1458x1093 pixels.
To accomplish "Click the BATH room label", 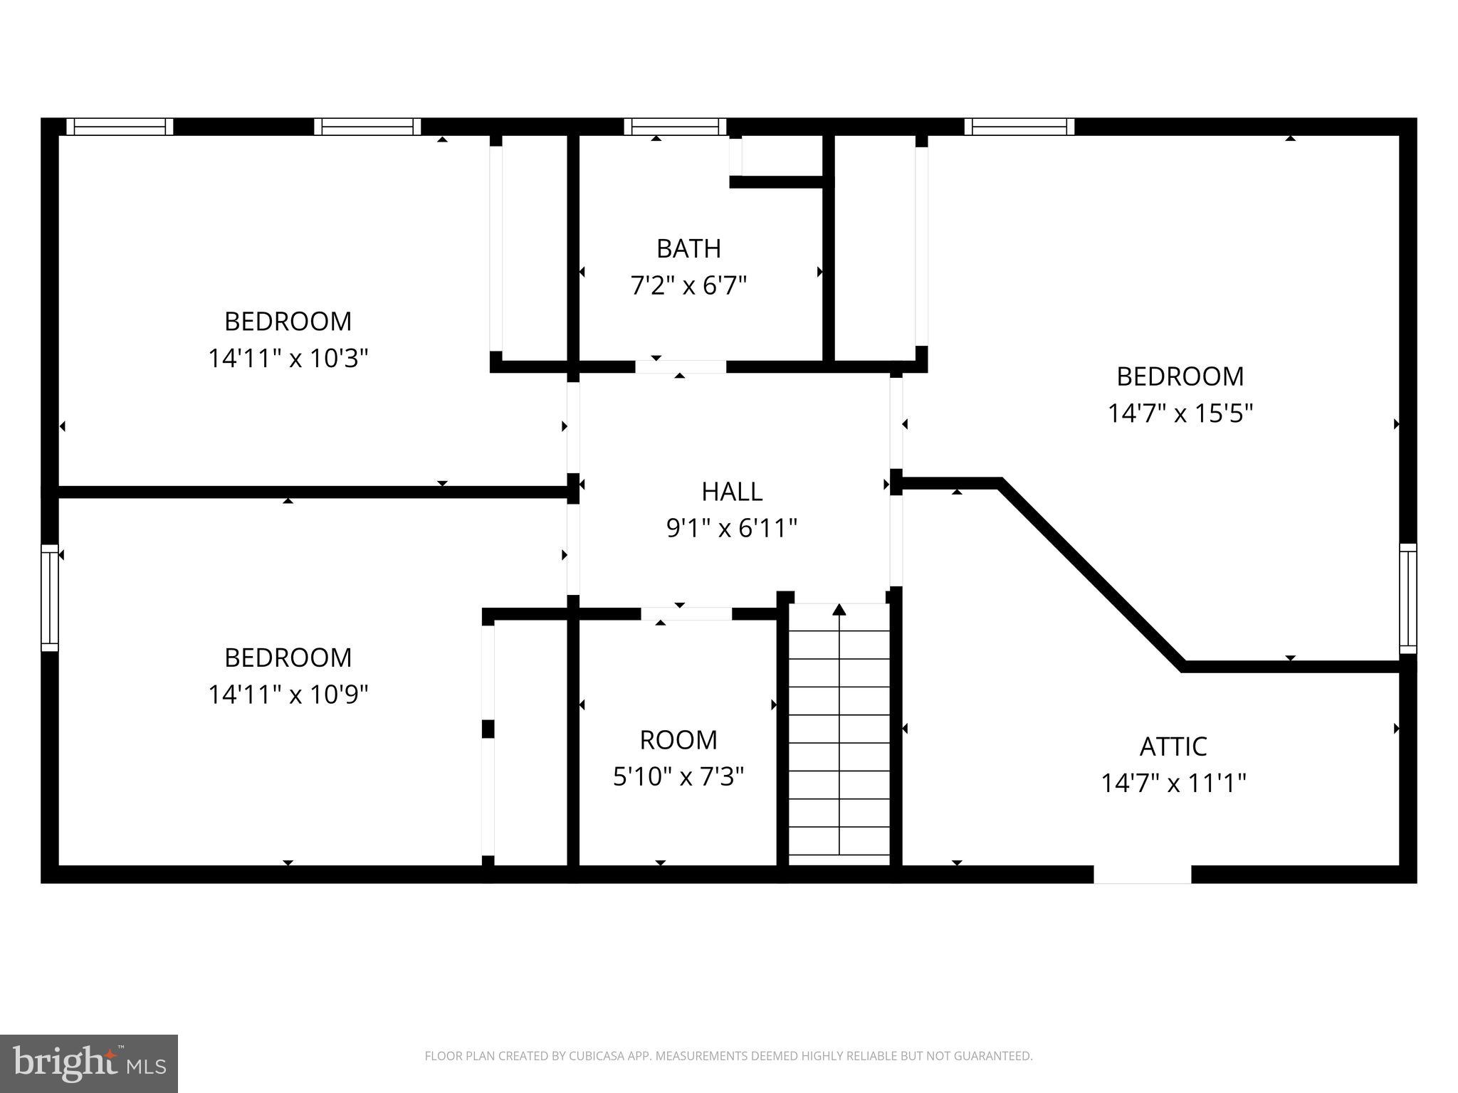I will [x=688, y=248].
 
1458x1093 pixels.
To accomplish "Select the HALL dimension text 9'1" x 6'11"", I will [x=731, y=529].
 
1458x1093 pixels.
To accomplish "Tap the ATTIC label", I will [x=1173, y=746].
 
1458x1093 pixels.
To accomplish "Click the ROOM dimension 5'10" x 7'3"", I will [x=678, y=777].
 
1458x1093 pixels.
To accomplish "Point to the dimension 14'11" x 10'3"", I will [x=288, y=358].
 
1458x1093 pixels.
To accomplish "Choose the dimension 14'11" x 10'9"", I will [x=288, y=694].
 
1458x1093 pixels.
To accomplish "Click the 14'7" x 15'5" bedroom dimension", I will [x=1180, y=413].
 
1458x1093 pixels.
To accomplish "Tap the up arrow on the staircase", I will [x=839, y=610].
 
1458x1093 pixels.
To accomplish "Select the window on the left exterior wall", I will [x=49, y=598].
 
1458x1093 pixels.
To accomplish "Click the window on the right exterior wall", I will [x=1407, y=598].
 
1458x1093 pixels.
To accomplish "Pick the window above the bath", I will [x=675, y=127].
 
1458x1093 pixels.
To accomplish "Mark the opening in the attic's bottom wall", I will [x=1142, y=874].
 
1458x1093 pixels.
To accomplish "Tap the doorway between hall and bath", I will [x=680, y=366].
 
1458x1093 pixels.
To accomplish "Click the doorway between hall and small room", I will [x=686, y=613].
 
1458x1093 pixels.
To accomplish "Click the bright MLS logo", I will [x=89, y=1063].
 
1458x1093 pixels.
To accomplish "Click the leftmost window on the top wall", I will [x=120, y=127].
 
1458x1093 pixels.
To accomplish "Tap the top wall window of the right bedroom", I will [x=1019, y=127].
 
